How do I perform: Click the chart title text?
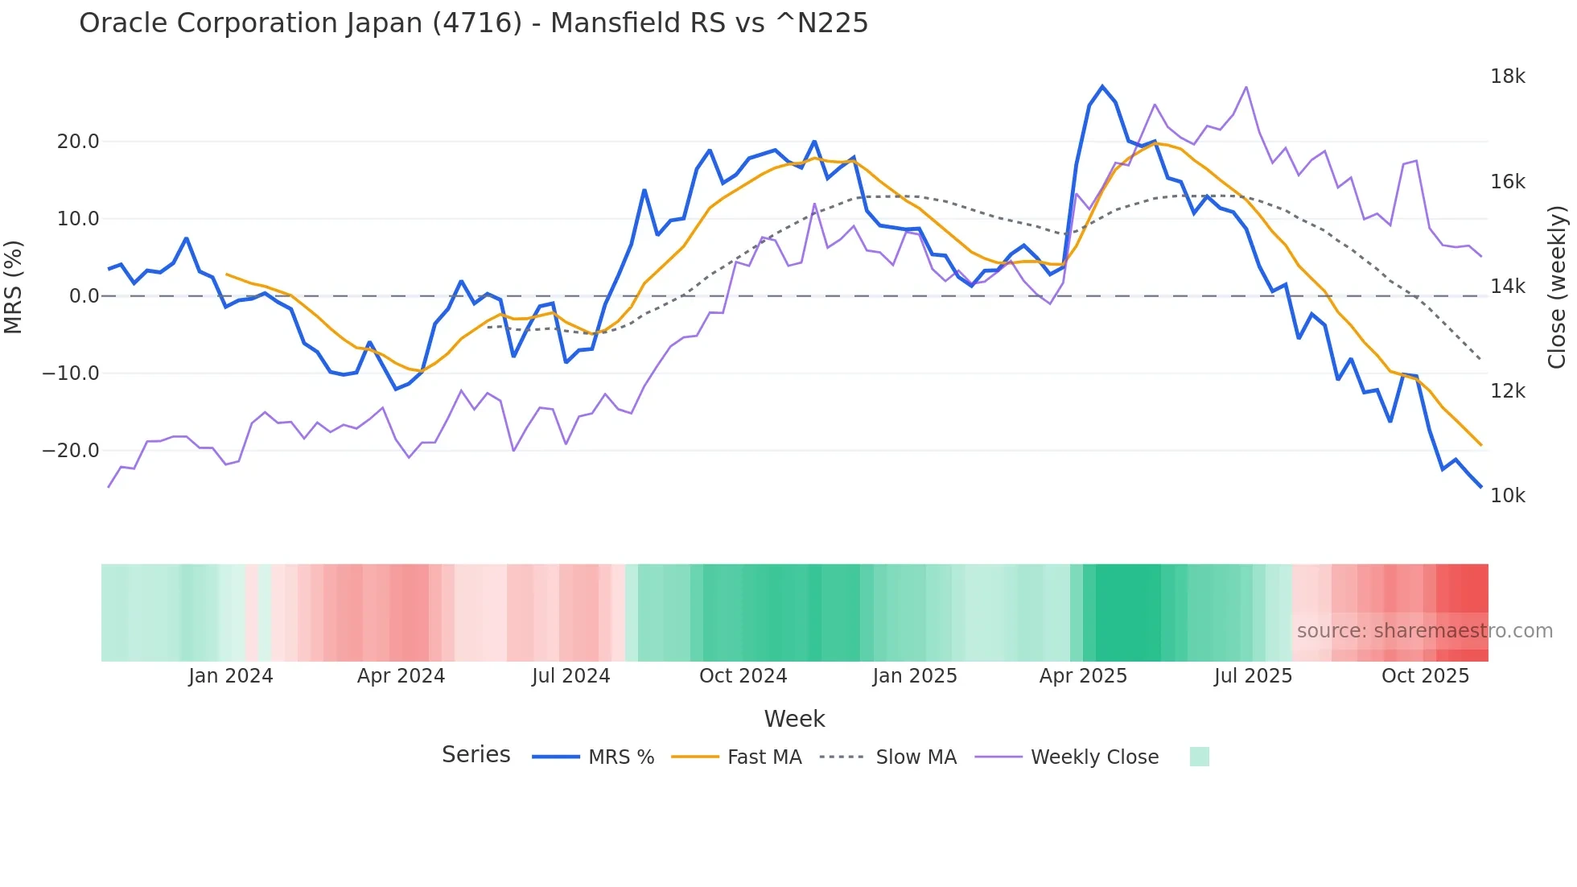coord(473,23)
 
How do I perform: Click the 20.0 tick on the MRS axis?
coord(78,142)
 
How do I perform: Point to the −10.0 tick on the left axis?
coord(71,373)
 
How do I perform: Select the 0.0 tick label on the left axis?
coord(84,296)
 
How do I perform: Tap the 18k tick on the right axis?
coord(1507,76)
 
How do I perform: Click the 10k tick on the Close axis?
coord(1507,496)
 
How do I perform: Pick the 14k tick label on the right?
coord(1507,287)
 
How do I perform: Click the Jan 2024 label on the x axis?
coord(231,676)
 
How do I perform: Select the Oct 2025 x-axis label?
coord(1425,676)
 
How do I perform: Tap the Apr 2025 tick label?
coord(1083,676)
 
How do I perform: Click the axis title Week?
coord(794,719)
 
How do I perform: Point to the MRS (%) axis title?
coord(14,287)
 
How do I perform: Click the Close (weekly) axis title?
coord(1557,287)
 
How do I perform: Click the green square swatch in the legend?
coord(1199,757)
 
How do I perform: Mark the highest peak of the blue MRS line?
coord(1102,86)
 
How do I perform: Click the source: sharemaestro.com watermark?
coord(1424,631)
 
